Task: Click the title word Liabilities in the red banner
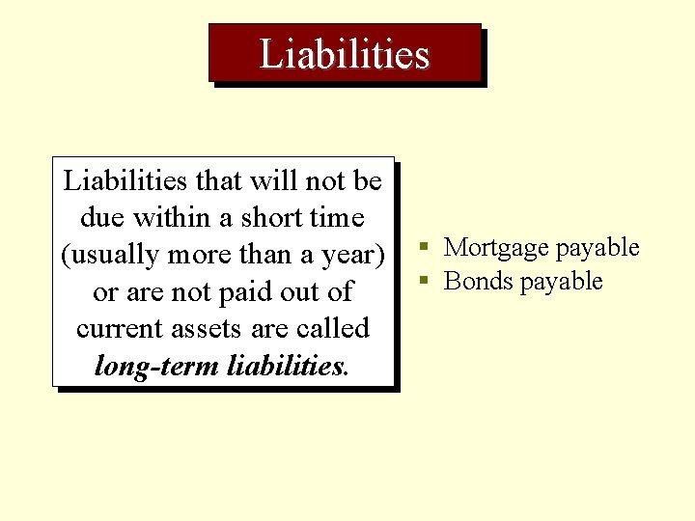click(x=345, y=54)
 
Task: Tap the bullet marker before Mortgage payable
click(x=424, y=247)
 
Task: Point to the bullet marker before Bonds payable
click(x=424, y=282)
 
